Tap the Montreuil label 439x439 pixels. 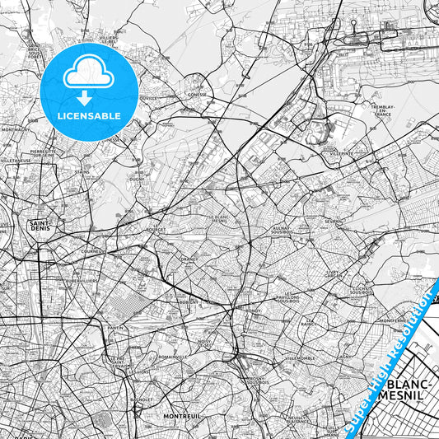pyautogui.click(x=182, y=417)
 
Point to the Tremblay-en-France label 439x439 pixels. pyautogui.click(x=383, y=110)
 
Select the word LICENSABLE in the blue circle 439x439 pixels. pyautogui.click(x=88, y=116)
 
